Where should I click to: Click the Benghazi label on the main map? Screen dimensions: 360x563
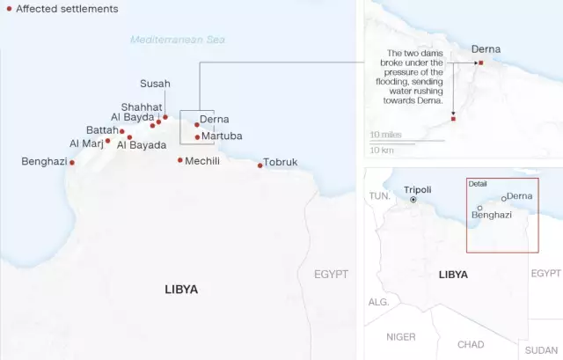[x=42, y=161]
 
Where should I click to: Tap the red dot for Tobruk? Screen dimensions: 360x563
[x=260, y=165]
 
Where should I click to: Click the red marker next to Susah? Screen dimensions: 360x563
[x=165, y=116]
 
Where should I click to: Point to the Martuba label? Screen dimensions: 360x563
[x=222, y=136]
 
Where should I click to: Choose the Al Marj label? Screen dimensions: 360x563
[x=85, y=143]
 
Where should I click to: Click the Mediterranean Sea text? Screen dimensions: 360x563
[x=178, y=40]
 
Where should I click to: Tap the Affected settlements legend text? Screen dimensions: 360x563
[x=67, y=8]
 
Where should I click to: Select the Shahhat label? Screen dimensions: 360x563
[x=142, y=107]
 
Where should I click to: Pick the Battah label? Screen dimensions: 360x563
[x=101, y=130]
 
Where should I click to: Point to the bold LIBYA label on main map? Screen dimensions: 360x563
[x=181, y=289]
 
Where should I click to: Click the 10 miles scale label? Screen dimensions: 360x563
[x=385, y=135]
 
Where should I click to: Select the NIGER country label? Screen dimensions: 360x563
[x=401, y=336]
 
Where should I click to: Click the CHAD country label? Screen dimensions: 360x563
[x=471, y=344]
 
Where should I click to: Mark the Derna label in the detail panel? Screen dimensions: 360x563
[x=486, y=49]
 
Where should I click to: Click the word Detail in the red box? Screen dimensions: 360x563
[x=478, y=184]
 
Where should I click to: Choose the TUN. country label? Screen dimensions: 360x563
[x=379, y=195]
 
